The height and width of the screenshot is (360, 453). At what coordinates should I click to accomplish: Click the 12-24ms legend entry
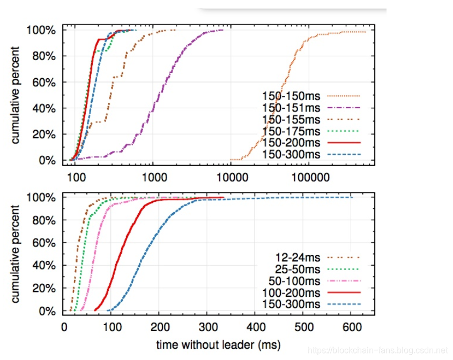click(299, 257)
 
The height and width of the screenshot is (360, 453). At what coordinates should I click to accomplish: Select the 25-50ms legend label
click(299, 268)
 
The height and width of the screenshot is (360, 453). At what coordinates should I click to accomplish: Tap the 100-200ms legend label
click(292, 292)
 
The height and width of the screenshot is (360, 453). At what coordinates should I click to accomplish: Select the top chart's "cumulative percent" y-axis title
click(17, 95)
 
